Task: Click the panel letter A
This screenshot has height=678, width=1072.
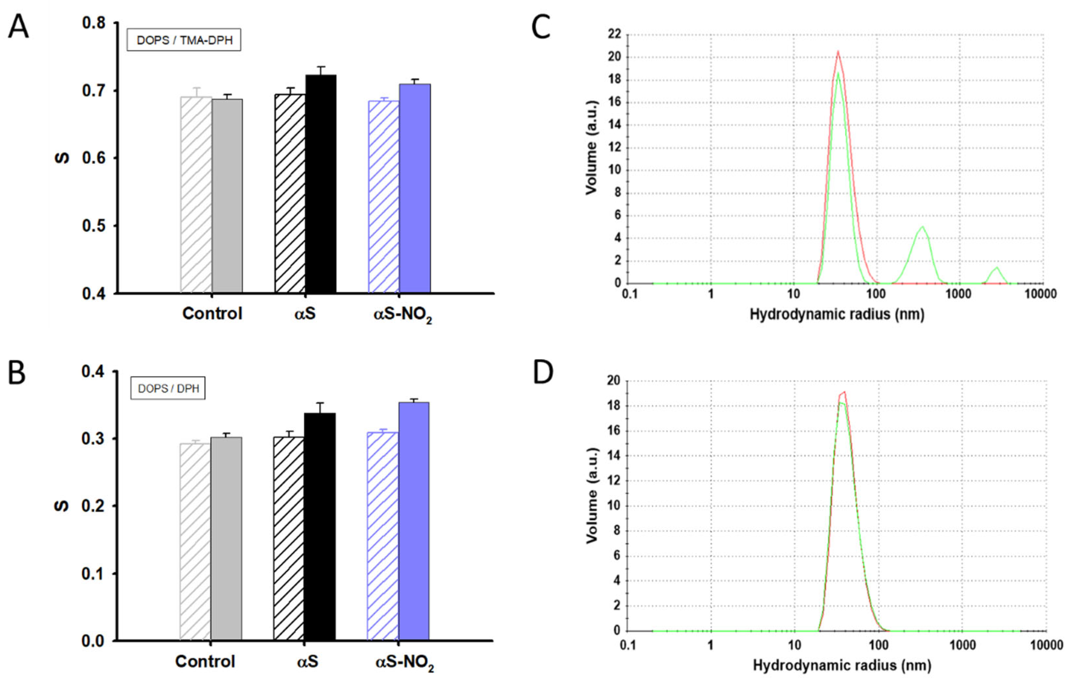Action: pos(19,27)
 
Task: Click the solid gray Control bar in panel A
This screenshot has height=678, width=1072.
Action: pos(227,196)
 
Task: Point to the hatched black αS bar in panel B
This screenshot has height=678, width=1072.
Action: pos(288,538)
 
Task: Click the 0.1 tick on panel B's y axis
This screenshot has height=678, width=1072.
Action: pos(93,574)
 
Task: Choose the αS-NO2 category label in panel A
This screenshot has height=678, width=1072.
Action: pos(402,315)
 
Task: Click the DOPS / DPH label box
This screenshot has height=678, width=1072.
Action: pos(168,389)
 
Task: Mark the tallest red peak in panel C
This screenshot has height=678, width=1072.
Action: pos(838,52)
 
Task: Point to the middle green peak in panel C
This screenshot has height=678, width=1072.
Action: pos(922,228)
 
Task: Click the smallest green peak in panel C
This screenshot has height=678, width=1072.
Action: pos(996,268)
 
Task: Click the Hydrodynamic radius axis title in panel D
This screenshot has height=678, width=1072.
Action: pos(841,665)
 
